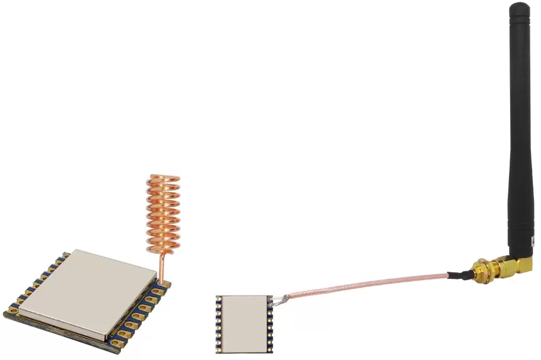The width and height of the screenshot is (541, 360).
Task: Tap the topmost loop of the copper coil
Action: [164, 178]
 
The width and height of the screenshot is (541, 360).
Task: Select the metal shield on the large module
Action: [89, 290]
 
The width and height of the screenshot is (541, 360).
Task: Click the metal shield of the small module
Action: [245, 320]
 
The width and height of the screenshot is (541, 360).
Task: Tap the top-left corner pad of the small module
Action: [218, 300]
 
